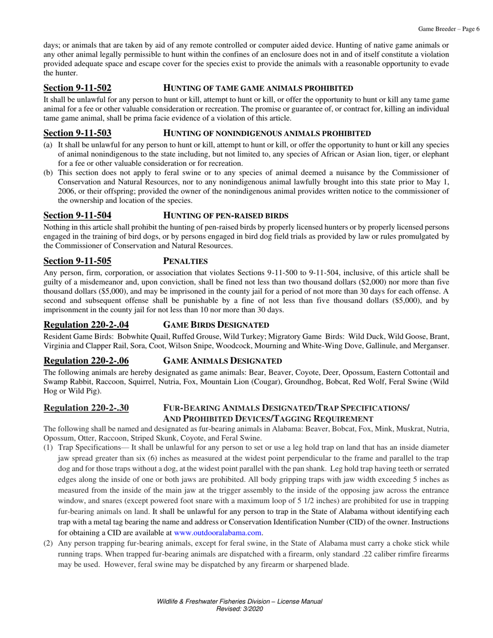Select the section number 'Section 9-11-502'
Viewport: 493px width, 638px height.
[77, 88]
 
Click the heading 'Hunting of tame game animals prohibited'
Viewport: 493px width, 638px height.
[258, 88]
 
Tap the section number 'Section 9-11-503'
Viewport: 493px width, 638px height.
[77, 134]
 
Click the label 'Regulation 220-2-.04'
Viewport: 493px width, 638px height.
[86, 325]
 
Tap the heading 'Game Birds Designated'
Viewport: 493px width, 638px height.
[216, 325]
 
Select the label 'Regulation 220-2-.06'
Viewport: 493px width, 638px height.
[86, 360]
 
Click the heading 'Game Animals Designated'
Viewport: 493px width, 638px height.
[223, 360]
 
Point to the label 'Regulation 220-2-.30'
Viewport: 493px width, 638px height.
[86, 408]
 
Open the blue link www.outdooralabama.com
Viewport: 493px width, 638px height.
[218, 533]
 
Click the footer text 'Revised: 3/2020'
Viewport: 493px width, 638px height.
[239, 609]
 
